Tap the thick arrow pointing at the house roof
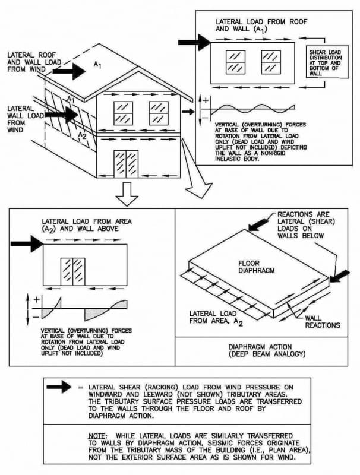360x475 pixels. pos(72,71)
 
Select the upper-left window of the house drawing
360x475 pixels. pos(124,112)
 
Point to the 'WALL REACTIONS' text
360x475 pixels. pos(322,321)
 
